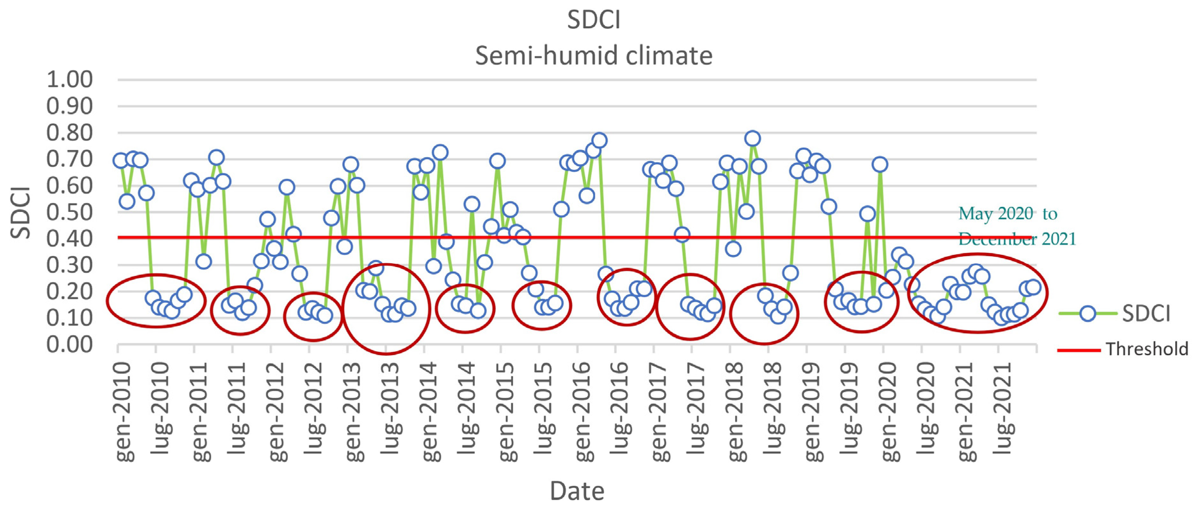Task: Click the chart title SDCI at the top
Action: pyautogui.click(x=593, y=20)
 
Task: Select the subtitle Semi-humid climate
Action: pyautogui.click(x=593, y=56)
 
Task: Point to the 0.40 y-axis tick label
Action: pyautogui.click(x=70, y=239)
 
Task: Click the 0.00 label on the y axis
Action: pyautogui.click(x=70, y=344)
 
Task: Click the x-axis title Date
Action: pyautogui.click(x=577, y=491)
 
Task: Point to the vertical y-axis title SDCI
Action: pyautogui.click(x=20, y=213)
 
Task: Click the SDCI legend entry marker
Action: pyautogui.click(x=1087, y=314)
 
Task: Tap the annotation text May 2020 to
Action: pyautogui.click(x=1008, y=214)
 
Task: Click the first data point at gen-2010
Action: pyautogui.click(x=121, y=161)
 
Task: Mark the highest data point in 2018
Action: pyautogui.click(x=752, y=139)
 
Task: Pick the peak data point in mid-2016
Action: pyautogui.click(x=599, y=141)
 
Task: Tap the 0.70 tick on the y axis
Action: pyautogui.click(x=70, y=159)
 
